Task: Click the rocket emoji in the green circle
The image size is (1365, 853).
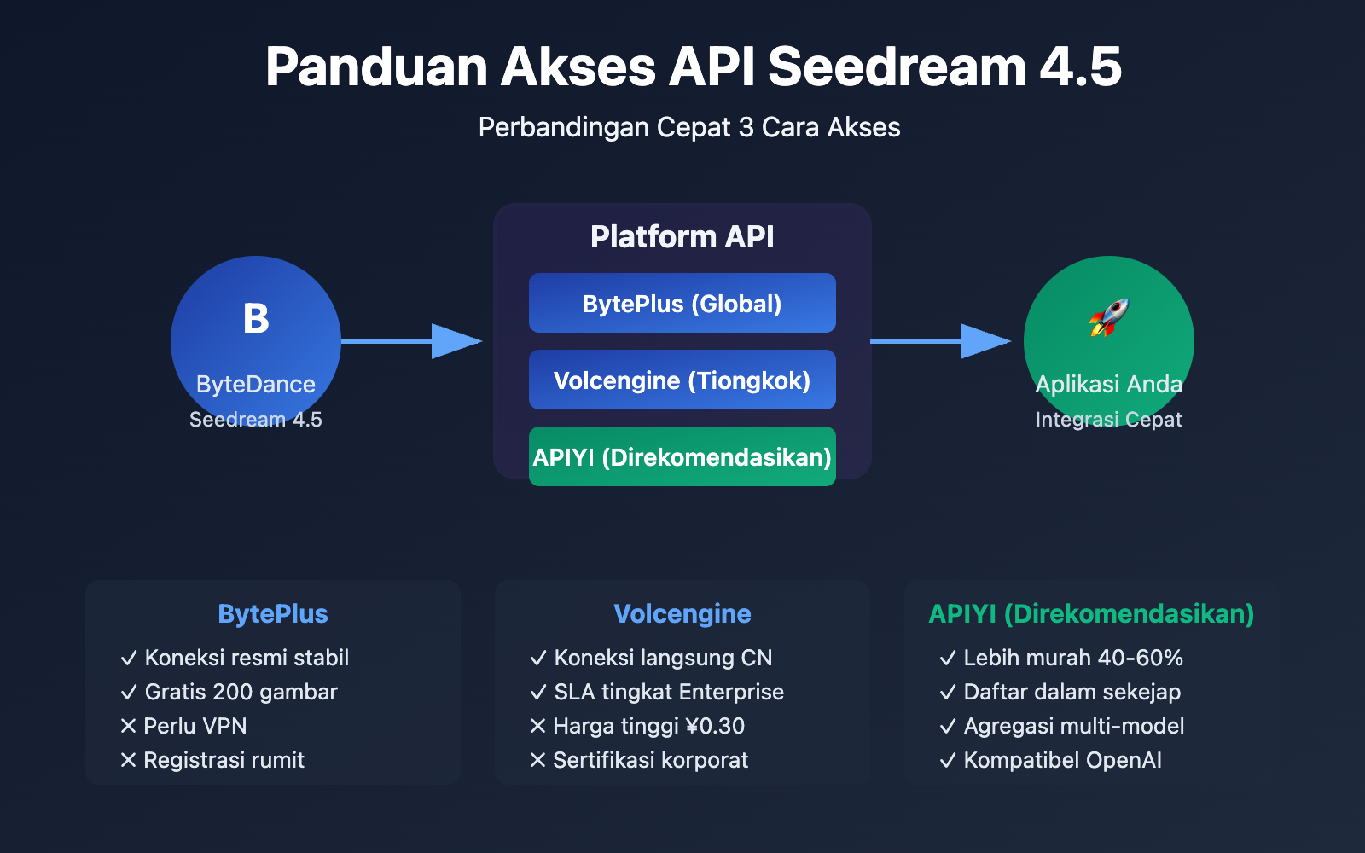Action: pyautogui.click(x=1108, y=318)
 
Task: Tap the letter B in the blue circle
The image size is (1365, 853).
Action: pyautogui.click(x=256, y=319)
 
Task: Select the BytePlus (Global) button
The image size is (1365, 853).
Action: pyautogui.click(x=682, y=304)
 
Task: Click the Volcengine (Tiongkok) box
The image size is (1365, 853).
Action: pyautogui.click(x=682, y=380)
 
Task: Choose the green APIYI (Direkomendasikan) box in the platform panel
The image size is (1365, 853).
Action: pyautogui.click(x=682, y=457)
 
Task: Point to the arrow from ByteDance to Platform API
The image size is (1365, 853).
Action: pyautogui.click(x=411, y=341)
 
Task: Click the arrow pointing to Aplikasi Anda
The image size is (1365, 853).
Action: pyautogui.click(x=940, y=341)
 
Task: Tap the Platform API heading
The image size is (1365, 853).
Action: pyautogui.click(x=682, y=237)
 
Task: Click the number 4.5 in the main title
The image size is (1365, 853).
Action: pyautogui.click(x=1080, y=67)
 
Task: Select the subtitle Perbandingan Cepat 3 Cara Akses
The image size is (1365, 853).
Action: pyautogui.click(x=688, y=127)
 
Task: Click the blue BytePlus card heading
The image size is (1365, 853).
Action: pyautogui.click(x=273, y=614)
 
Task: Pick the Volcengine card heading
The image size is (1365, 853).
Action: pyautogui.click(x=682, y=614)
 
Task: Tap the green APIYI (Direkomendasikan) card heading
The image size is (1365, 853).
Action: pyautogui.click(x=1091, y=614)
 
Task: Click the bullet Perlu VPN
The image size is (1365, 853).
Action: pyautogui.click(x=195, y=726)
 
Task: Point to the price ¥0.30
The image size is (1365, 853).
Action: pyautogui.click(x=715, y=726)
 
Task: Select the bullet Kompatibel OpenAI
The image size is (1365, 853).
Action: pyautogui.click(x=1062, y=760)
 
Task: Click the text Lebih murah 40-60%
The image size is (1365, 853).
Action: pyautogui.click(x=1072, y=658)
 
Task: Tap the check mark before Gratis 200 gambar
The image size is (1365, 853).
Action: pyautogui.click(x=129, y=693)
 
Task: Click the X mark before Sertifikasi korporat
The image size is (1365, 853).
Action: pyautogui.click(x=537, y=760)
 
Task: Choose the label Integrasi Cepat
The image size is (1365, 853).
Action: pyautogui.click(x=1108, y=420)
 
